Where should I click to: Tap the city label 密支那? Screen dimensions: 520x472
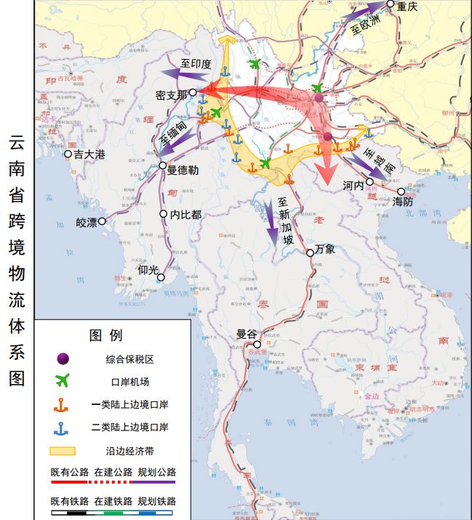click(171, 95)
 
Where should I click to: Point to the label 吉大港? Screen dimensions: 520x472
click(91, 154)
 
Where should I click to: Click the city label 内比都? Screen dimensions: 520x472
click(185, 215)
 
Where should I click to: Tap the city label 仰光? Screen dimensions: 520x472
click(148, 270)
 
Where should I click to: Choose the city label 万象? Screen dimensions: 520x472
click(325, 249)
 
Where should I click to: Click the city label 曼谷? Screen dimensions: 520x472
click(247, 335)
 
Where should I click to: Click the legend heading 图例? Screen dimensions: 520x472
click(105, 336)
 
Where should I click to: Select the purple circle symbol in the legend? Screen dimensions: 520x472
click(63, 358)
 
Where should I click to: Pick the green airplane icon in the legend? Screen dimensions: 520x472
click(63, 381)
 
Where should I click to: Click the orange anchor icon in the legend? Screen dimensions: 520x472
click(63, 404)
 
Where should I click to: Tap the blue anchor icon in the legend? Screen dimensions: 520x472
click(63, 427)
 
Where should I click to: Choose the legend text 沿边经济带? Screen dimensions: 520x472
click(129, 450)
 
